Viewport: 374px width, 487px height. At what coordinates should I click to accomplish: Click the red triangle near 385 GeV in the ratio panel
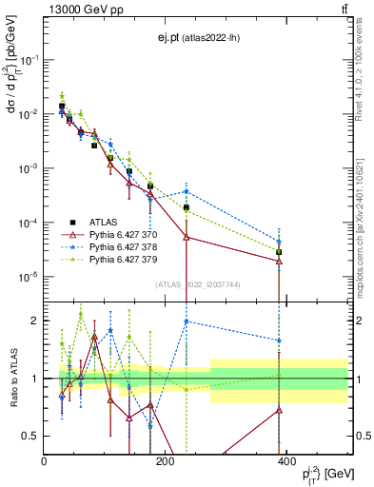[279, 410]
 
